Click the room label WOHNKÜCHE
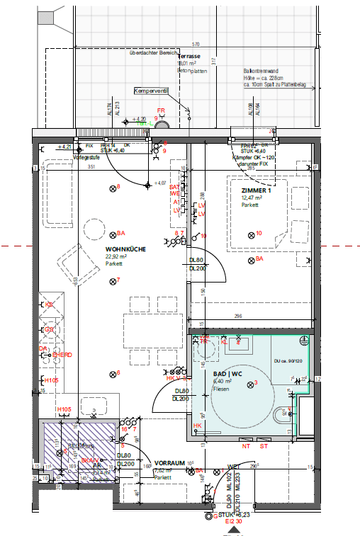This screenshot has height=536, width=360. coord(125,249)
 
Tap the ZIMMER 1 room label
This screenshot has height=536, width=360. coord(256,191)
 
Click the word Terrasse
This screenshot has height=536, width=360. coord(189,55)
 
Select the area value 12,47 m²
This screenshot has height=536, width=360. coord(252,198)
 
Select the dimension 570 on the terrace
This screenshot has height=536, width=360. coord(196,44)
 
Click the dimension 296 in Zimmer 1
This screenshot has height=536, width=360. coord(238,317)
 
